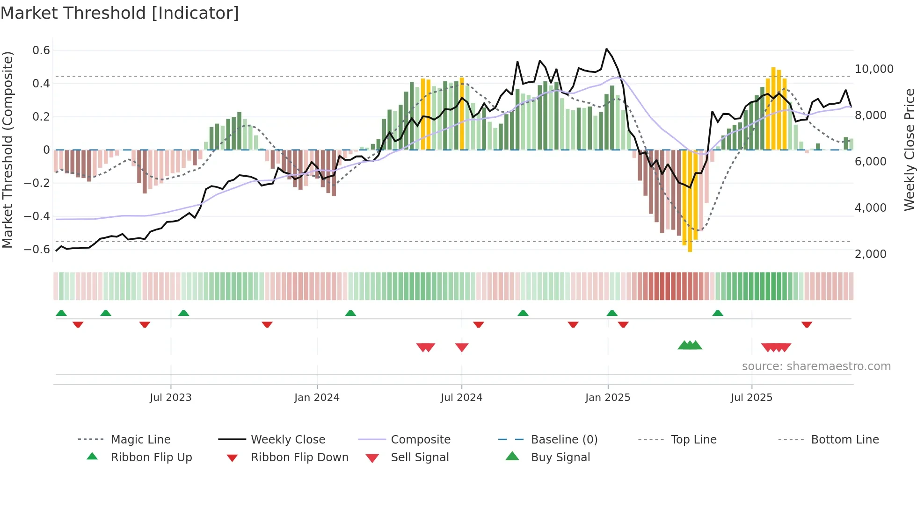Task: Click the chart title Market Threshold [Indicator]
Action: coord(120,13)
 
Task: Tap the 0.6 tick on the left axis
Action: coord(41,50)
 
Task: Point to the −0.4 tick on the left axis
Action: coord(37,216)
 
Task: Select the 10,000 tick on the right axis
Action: coord(873,69)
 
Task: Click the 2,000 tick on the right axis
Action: coord(870,254)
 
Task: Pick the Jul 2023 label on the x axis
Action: coord(171,398)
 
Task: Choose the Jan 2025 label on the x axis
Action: coord(608,398)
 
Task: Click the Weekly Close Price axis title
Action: coord(909,150)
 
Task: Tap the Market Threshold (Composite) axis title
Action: coord(7,150)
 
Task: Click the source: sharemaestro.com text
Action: coord(816,366)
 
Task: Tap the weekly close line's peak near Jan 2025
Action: coord(606,49)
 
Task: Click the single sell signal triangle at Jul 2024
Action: coord(462,347)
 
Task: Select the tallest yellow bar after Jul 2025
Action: coord(773,107)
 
